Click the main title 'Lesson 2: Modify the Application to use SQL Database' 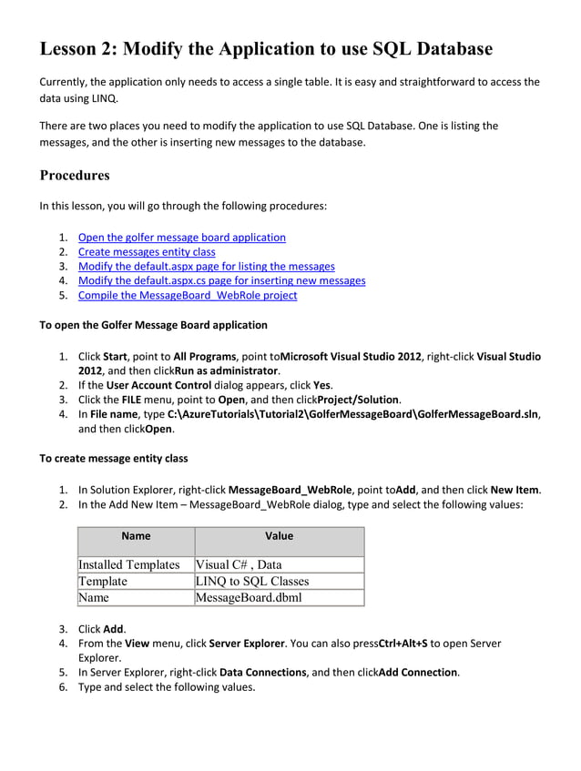(266, 49)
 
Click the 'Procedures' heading (75, 175)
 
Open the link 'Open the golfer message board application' (181, 238)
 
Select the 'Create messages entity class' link (146, 252)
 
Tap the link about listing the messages (206, 267)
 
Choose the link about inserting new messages (221, 280)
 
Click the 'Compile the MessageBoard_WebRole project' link (187, 295)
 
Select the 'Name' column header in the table (136, 537)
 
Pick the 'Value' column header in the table (279, 537)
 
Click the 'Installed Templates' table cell (129, 565)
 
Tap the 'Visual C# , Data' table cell (240, 565)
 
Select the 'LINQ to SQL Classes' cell (252, 582)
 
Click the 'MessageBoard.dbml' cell (249, 598)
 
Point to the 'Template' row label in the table (103, 582)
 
